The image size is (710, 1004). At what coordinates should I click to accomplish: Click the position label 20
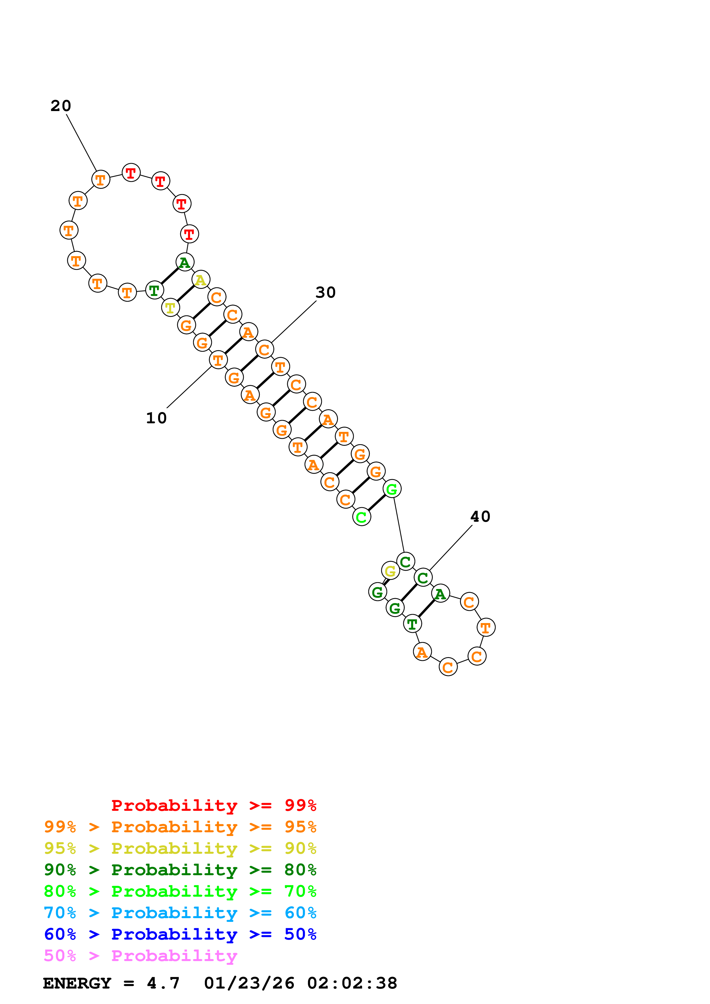click(x=60, y=106)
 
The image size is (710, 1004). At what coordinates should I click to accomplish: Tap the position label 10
click(x=156, y=418)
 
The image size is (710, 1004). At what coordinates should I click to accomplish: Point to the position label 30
click(x=325, y=292)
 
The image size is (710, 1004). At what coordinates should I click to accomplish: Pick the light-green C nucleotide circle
click(x=361, y=517)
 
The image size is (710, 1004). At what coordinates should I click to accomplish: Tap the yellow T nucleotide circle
click(x=170, y=308)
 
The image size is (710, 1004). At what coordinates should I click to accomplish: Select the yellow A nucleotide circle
click(x=201, y=279)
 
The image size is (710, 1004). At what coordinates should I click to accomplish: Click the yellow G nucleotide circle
click(x=390, y=571)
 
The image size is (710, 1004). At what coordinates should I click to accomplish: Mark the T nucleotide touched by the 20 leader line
click(x=101, y=179)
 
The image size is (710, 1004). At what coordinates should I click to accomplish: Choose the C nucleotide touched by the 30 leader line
click(x=264, y=349)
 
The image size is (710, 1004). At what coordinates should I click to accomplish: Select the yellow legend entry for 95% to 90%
click(x=180, y=848)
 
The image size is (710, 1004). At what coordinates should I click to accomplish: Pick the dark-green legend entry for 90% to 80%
click(x=180, y=870)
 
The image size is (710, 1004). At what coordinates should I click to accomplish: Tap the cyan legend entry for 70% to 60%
click(x=180, y=913)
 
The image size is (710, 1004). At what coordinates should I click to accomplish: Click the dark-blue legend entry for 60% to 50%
click(x=180, y=934)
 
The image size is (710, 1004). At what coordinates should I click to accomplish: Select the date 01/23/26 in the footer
click(x=249, y=983)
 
